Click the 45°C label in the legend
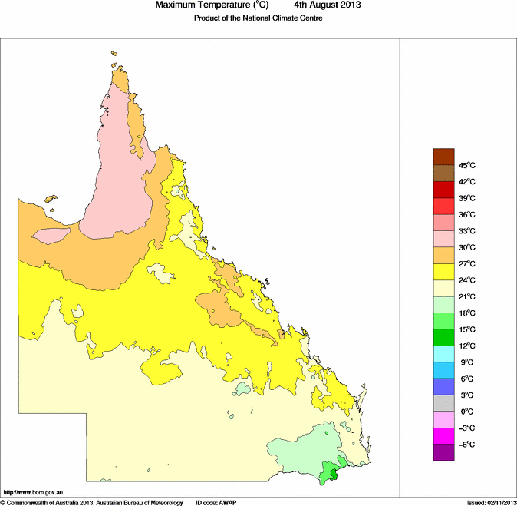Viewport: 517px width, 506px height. [x=467, y=165]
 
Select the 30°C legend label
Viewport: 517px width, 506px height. [x=467, y=247]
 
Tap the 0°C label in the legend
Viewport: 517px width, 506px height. [x=467, y=412]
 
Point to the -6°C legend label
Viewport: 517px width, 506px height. [x=467, y=445]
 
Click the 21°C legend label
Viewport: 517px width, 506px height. [x=467, y=296]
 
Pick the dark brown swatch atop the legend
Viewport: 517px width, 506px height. [x=444, y=157]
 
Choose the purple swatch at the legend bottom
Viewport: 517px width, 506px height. [x=444, y=453]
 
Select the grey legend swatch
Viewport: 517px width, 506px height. [x=444, y=403]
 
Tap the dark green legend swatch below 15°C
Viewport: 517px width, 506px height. [x=444, y=337]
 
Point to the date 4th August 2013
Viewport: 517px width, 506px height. [x=328, y=5]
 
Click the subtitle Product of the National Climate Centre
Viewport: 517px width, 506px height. [x=258, y=18]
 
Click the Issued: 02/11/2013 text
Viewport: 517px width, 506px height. [x=491, y=502]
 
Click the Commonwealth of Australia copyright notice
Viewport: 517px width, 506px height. [x=92, y=502]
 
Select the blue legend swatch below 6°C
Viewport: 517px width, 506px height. [x=444, y=387]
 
